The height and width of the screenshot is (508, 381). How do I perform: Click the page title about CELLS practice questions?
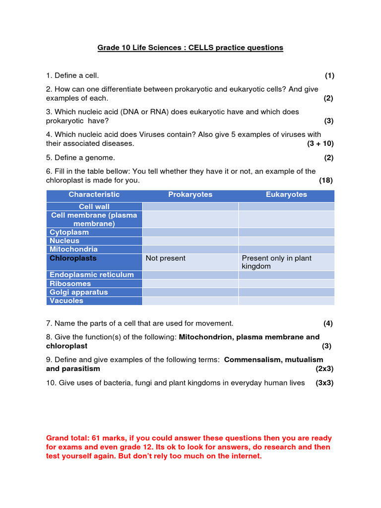190,48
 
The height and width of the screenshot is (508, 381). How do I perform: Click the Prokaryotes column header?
190,194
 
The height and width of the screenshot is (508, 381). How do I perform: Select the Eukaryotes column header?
286,194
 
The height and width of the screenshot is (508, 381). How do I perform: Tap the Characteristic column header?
94,194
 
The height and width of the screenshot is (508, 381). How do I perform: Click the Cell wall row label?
94,206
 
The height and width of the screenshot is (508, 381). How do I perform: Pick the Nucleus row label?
64,241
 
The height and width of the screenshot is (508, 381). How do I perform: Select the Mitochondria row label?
73,249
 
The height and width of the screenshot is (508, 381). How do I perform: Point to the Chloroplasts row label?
73,258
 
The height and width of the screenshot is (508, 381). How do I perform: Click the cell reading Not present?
166,258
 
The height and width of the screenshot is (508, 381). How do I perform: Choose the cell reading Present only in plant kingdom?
276,262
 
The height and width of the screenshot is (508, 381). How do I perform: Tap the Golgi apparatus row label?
78,292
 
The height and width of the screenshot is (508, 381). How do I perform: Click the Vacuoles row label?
66,301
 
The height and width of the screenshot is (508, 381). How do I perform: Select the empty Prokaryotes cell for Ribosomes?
190,284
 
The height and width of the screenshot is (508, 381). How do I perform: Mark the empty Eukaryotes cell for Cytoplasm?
286,232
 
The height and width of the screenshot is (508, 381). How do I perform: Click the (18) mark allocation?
326,180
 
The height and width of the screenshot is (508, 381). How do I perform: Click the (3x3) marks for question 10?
324,382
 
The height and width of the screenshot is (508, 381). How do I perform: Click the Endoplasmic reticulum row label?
92,275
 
